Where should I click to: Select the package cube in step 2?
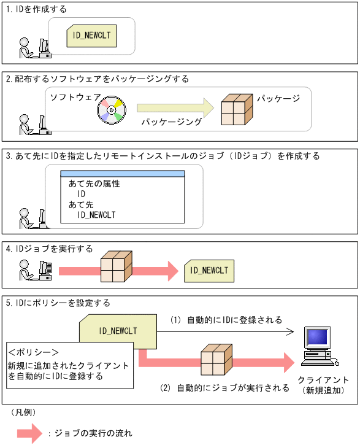(236, 110)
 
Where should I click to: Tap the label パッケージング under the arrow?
(171, 122)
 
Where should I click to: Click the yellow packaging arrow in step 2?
(175, 107)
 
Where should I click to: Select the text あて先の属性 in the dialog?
(94, 184)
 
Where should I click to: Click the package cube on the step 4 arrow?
(117, 268)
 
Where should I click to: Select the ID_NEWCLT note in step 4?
(209, 270)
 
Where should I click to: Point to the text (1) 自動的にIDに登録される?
(226, 320)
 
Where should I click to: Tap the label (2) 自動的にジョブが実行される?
(224, 388)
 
